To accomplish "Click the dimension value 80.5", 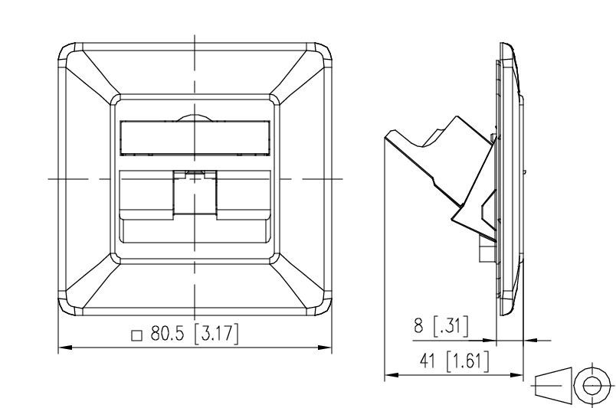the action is (x=167, y=335).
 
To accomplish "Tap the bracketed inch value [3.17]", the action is (x=217, y=335).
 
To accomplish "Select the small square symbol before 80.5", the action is (x=136, y=336).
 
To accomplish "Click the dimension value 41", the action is (x=428, y=361).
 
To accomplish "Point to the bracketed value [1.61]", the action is (x=468, y=361).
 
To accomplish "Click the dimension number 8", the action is (x=418, y=326).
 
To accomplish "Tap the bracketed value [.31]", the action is (x=451, y=326).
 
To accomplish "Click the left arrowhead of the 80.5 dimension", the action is (x=65, y=348).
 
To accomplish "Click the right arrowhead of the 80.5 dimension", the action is (x=325, y=348).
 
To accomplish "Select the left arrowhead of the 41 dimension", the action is (x=392, y=375).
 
